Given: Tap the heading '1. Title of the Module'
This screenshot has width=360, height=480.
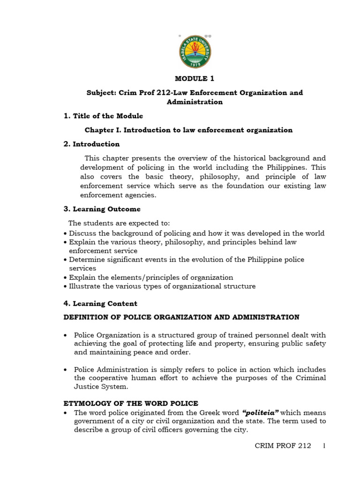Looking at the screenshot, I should click(x=103, y=116).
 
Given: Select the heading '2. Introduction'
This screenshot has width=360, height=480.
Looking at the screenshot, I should click(x=91, y=144).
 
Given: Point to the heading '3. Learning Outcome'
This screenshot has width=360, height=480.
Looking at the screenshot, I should click(x=102, y=209).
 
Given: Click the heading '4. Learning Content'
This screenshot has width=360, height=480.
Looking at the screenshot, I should click(x=100, y=304).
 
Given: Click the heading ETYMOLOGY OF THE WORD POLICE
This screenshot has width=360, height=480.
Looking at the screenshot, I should click(x=131, y=403).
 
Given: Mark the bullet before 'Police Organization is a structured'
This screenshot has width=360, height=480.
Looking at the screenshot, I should click(x=66, y=336).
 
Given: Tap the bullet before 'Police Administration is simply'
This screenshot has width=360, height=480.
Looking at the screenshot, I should click(x=66, y=370).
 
